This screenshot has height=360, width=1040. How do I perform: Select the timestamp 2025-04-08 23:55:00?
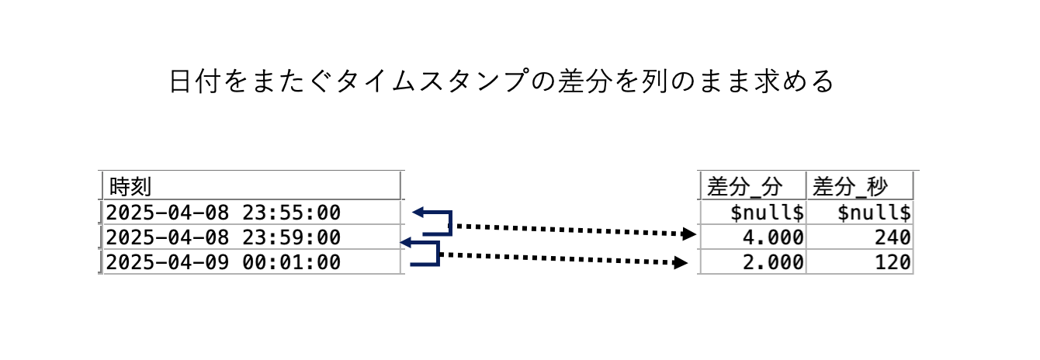[x=224, y=213]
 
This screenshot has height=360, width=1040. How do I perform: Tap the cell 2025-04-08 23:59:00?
[x=224, y=237]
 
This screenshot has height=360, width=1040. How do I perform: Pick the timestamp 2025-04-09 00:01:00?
[x=224, y=262]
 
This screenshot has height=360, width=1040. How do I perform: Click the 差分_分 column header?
[x=744, y=186]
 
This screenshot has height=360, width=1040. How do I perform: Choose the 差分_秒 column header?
[x=850, y=186]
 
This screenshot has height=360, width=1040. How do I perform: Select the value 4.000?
[x=773, y=237]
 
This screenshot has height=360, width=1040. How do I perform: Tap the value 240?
[x=892, y=237]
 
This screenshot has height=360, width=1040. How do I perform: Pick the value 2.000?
[x=773, y=262]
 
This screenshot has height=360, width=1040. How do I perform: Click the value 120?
[x=892, y=262]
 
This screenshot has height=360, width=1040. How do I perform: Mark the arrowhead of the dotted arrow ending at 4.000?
[x=688, y=234]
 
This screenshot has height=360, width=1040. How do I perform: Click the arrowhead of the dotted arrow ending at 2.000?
[x=681, y=263]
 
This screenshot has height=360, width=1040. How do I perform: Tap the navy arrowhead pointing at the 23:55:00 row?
[x=418, y=212]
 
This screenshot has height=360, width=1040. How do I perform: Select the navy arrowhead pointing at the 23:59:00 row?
[x=405, y=243]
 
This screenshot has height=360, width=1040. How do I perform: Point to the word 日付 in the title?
[x=195, y=81]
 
